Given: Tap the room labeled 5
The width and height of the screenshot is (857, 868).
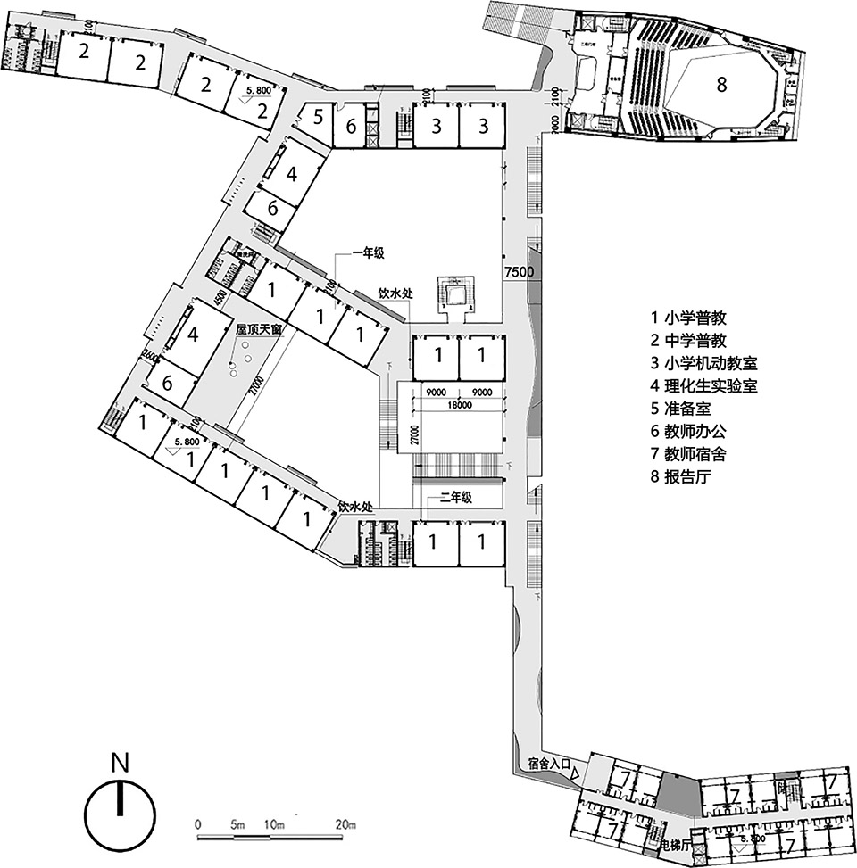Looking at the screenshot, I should [x=317, y=115].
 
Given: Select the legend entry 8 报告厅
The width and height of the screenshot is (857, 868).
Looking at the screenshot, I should [x=692, y=476].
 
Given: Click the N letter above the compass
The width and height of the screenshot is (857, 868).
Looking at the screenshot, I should [x=120, y=764].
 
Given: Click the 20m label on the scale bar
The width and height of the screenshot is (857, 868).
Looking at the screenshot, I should [x=343, y=823].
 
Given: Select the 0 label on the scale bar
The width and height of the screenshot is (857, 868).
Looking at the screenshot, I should [x=197, y=823].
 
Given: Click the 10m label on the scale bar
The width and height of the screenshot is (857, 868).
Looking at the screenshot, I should [x=275, y=823].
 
